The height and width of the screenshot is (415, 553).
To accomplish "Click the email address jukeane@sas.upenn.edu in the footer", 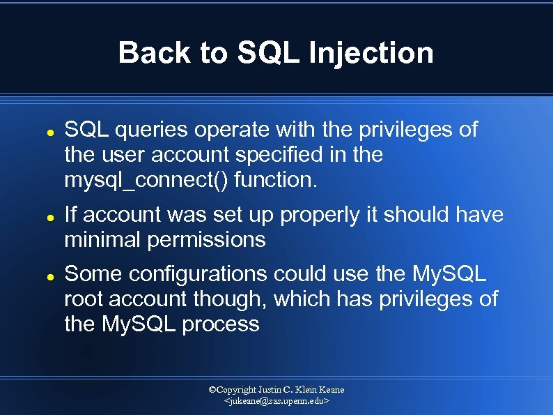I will pyautogui.click(x=276, y=402).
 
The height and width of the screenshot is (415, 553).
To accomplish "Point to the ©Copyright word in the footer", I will pyautogui.click(x=233, y=389).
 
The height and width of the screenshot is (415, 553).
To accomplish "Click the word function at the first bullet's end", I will pyautogui.click(x=275, y=180).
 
